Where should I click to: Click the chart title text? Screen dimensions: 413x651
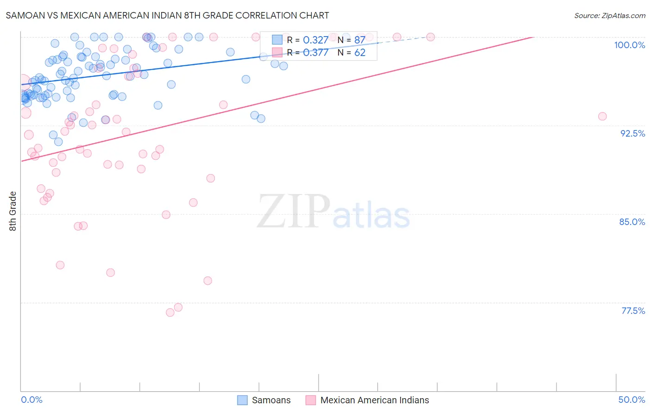point(167,15)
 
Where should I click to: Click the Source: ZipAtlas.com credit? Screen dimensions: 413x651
point(609,15)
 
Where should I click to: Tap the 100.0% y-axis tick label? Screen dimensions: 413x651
point(629,45)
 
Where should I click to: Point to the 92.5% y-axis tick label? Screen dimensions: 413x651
point(632,133)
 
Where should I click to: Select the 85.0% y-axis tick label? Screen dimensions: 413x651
point(632,222)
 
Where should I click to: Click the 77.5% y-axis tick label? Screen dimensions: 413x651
point(633,311)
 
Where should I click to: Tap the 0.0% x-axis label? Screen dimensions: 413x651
point(31,400)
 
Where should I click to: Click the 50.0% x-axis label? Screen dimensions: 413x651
point(632,400)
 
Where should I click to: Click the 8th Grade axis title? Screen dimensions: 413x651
point(13,211)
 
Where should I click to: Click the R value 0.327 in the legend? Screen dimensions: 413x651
point(315,40)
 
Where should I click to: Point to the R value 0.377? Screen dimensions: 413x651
point(315,53)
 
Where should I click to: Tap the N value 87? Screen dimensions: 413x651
point(360,40)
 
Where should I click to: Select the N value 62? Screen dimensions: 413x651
point(360,53)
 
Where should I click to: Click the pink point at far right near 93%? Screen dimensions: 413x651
point(602,116)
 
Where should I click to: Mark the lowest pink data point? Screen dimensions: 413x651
point(170,313)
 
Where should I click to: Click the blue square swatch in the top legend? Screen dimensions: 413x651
point(277,40)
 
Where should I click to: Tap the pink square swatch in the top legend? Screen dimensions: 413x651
point(277,52)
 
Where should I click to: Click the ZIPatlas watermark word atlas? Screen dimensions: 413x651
point(371,215)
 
